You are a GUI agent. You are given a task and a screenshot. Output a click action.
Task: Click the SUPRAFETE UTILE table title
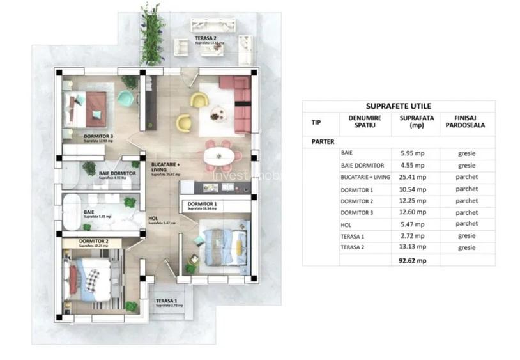tap(398, 106)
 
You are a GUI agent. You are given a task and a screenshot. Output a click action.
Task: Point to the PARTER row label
tap(323, 141)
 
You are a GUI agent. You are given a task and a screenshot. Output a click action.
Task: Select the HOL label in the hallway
tap(153, 218)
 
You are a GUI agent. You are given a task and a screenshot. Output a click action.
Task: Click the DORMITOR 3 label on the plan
tap(98, 136)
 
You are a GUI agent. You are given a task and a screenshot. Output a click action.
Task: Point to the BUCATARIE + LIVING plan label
tap(165, 168)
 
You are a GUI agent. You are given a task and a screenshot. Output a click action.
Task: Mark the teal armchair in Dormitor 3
tap(126, 98)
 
